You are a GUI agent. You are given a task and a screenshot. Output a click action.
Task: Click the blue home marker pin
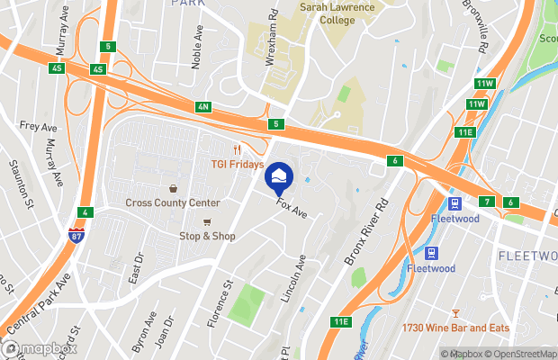coord(279,175)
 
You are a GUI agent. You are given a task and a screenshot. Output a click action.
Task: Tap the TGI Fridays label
coord(238,165)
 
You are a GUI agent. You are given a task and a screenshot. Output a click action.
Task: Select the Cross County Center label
coord(172,203)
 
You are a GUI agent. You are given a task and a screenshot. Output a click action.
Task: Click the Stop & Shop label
coord(207,236)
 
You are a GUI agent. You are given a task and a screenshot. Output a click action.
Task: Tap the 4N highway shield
coord(202,107)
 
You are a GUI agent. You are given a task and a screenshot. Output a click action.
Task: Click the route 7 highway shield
coord(486,201)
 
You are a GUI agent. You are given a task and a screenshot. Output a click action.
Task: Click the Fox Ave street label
coord(293,208)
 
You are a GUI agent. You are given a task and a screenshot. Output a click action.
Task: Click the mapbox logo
coord(40,348)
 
